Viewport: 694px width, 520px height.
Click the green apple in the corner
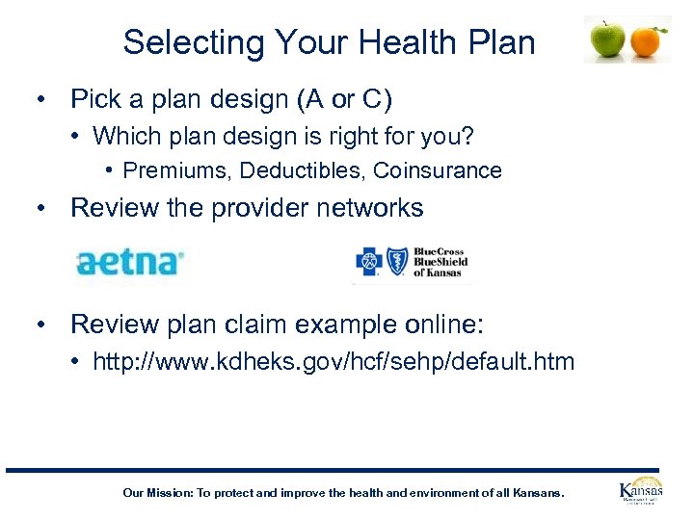pos(607,39)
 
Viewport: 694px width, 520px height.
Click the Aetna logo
pos(130,261)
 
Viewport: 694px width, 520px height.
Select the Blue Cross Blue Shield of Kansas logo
pos(411,261)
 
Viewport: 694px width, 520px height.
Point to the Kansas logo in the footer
pos(640,491)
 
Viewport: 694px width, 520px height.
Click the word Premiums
pos(178,170)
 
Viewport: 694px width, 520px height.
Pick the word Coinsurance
pos(438,170)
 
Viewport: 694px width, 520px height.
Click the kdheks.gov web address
pos(334,362)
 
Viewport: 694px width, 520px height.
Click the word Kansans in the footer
pos(536,493)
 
